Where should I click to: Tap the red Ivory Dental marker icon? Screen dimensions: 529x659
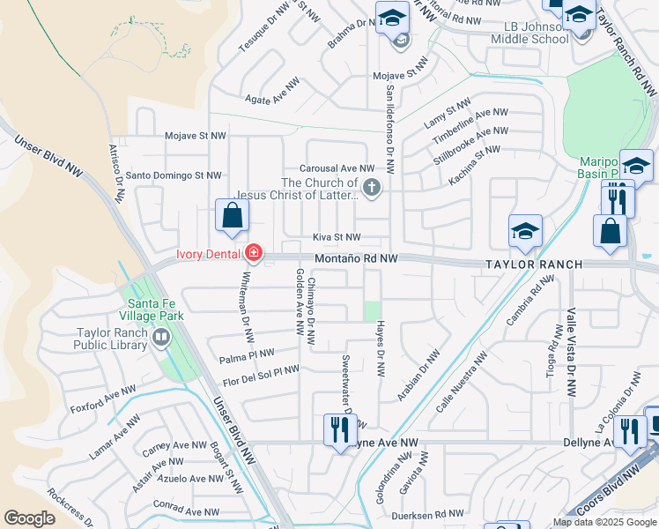(254, 254)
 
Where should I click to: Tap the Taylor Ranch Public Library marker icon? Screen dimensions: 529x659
(161, 337)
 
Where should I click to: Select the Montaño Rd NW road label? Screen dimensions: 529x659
(357, 258)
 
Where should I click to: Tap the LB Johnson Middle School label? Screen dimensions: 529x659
(527, 34)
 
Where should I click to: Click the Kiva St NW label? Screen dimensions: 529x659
(337, 237)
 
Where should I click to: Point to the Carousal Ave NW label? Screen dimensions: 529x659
(337, 168)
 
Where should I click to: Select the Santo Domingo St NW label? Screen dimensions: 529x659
(174, 175)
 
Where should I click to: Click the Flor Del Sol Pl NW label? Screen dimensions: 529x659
(261, 376)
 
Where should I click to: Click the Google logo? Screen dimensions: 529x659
(29, 518)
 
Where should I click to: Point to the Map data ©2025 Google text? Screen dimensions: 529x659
(603, 522)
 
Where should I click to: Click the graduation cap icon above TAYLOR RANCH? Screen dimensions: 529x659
(525, 233)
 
